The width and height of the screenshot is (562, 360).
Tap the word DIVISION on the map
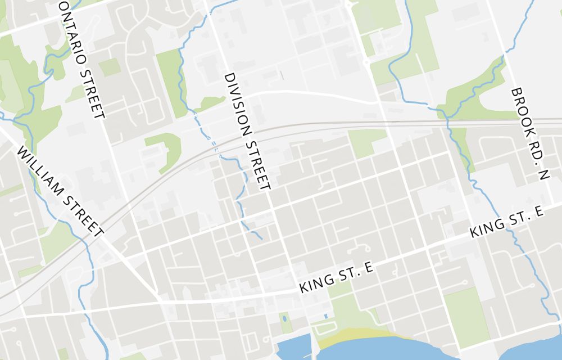(x=237, y=105)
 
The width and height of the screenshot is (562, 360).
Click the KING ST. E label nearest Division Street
(x=337, y=277)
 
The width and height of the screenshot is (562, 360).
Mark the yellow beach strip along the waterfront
(x=360, y=335)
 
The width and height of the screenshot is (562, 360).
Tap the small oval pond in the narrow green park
(x=284, y=319)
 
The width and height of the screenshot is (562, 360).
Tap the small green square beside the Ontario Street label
(x=110, y=67)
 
